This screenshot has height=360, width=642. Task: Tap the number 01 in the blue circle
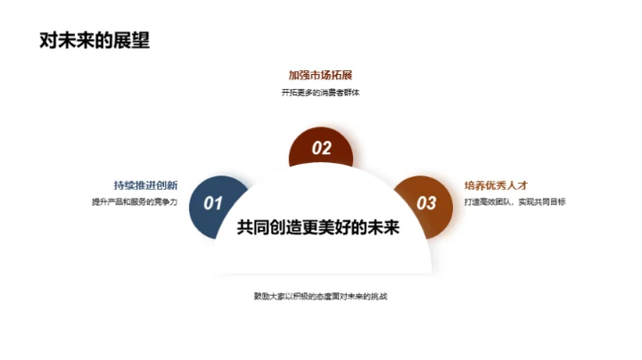point(213,203)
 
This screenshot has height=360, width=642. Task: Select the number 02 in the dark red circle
point(321,149)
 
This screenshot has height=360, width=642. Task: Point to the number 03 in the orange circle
point(427,203)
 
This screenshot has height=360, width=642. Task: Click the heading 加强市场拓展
point(321,75)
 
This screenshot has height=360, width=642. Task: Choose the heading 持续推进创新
point(145,185)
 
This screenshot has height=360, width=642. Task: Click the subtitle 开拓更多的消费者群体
point(321,93)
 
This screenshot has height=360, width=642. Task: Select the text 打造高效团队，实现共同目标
point(514,201)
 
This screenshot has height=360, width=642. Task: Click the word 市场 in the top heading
point(321,75)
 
